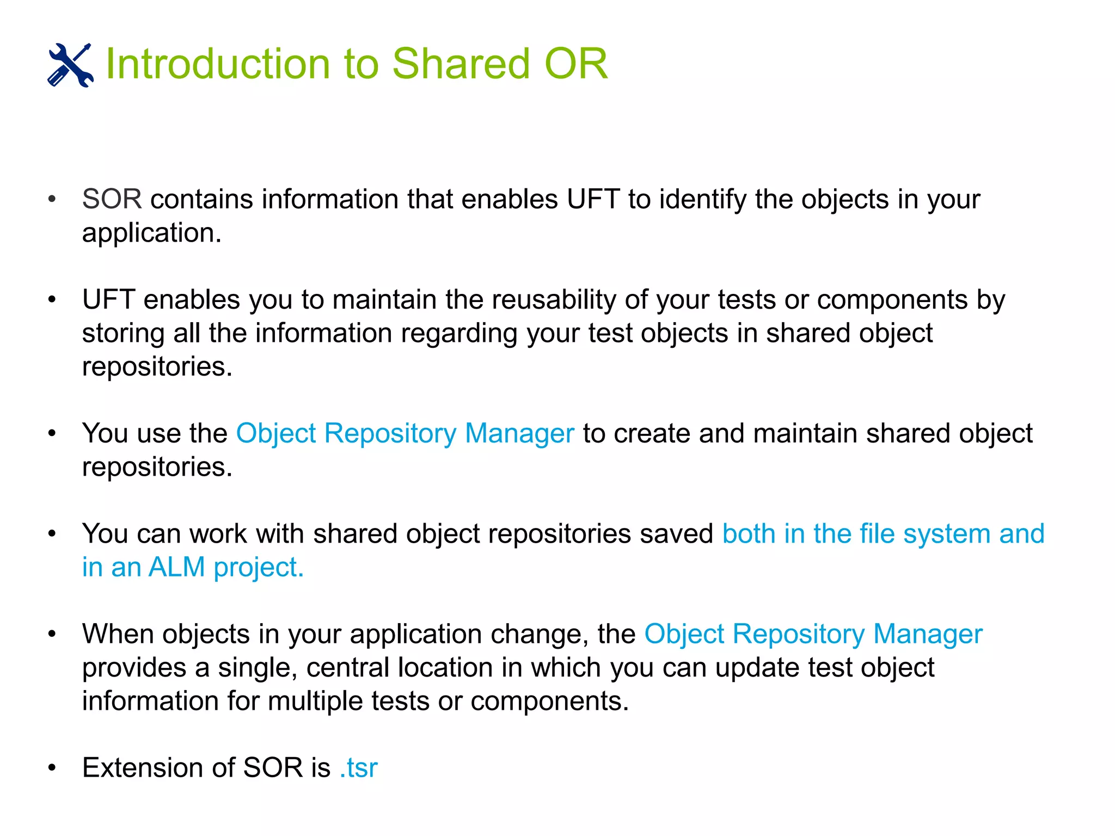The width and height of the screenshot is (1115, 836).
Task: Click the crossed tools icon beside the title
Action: click(x=70, y=65)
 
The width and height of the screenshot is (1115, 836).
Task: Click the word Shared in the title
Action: click(x=461, y=64)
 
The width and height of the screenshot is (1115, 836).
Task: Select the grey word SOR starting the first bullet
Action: click(x=112, y=199)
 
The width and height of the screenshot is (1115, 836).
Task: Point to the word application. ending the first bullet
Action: click(x=152, y=233)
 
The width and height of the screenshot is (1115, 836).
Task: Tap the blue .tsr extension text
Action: click(x=358, y=768)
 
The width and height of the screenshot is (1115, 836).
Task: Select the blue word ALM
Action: click(x=176, y=567)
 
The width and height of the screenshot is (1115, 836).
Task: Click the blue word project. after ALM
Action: click(x=259, y=567)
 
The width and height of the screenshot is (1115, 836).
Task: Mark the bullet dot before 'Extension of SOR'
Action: click(x=52, y=768)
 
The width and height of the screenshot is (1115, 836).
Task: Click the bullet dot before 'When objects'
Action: click(x=52, y=634)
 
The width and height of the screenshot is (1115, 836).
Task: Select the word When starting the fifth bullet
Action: click(x=118, y=634)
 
